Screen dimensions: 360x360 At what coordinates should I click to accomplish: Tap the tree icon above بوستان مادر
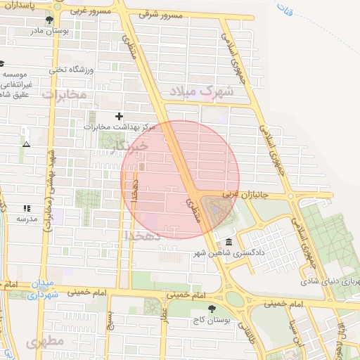point(49,20)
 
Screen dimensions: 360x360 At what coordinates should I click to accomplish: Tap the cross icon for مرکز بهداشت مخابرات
point(119,116)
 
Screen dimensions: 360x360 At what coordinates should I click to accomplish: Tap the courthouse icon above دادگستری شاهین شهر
point(229,243)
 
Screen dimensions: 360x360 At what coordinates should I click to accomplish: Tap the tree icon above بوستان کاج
point(212,308)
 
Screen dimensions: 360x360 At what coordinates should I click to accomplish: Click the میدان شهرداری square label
point(42,290)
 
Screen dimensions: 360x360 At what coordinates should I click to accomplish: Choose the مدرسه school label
point(27,219)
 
